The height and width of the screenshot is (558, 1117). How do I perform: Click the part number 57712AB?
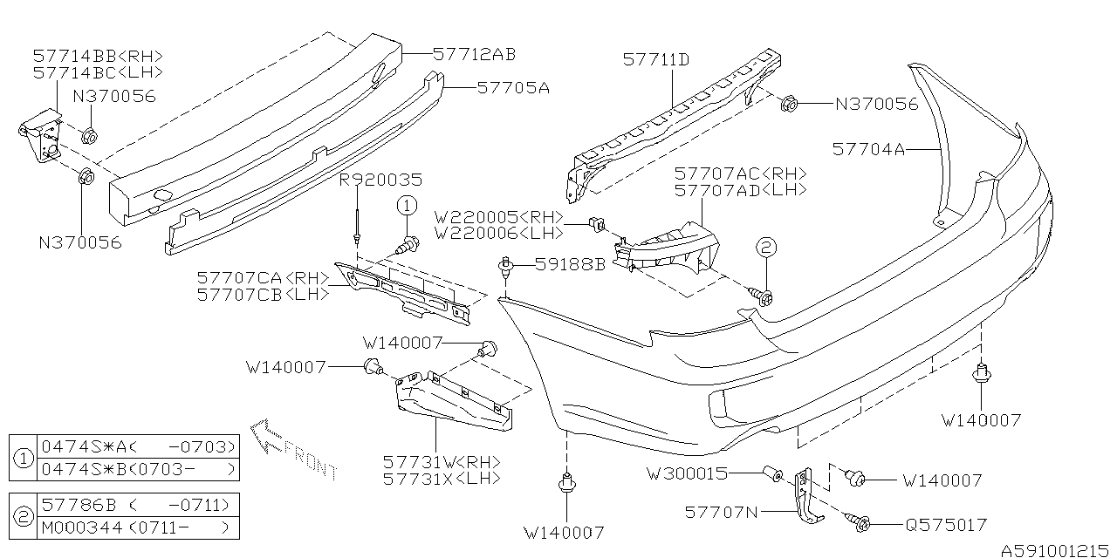[x=474, y=54]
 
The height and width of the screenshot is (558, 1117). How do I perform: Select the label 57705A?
[x=512, y=87]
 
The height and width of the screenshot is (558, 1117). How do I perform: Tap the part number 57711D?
[x=656, y=60]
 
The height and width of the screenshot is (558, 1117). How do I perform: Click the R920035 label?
[x=380, y=180]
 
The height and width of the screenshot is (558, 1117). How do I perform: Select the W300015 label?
[x=687, y=475]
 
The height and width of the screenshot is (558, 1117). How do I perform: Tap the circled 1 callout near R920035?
[x=406, y=206]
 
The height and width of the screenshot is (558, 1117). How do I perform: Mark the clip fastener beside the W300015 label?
[x=771, y=475]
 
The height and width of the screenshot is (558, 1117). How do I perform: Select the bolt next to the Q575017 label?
[x=860, y=522]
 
